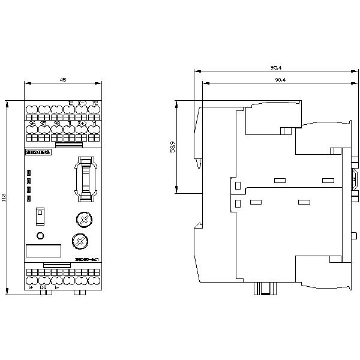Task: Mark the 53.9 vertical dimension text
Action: (173, 148)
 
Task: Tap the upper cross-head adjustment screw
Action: (85, 220)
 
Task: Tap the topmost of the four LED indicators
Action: (28, 173)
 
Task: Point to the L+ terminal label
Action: (31, 287)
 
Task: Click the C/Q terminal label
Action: (43, 287)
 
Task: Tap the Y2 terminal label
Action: (94, 103)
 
